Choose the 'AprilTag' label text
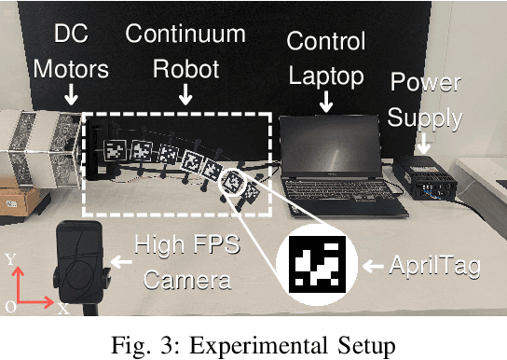tap(437, 267)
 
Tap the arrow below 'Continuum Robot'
tap(185, 94)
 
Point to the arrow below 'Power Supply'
tap(424, 142)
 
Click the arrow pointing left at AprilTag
tap(373, 268)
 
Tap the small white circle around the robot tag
tap(234, 182)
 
